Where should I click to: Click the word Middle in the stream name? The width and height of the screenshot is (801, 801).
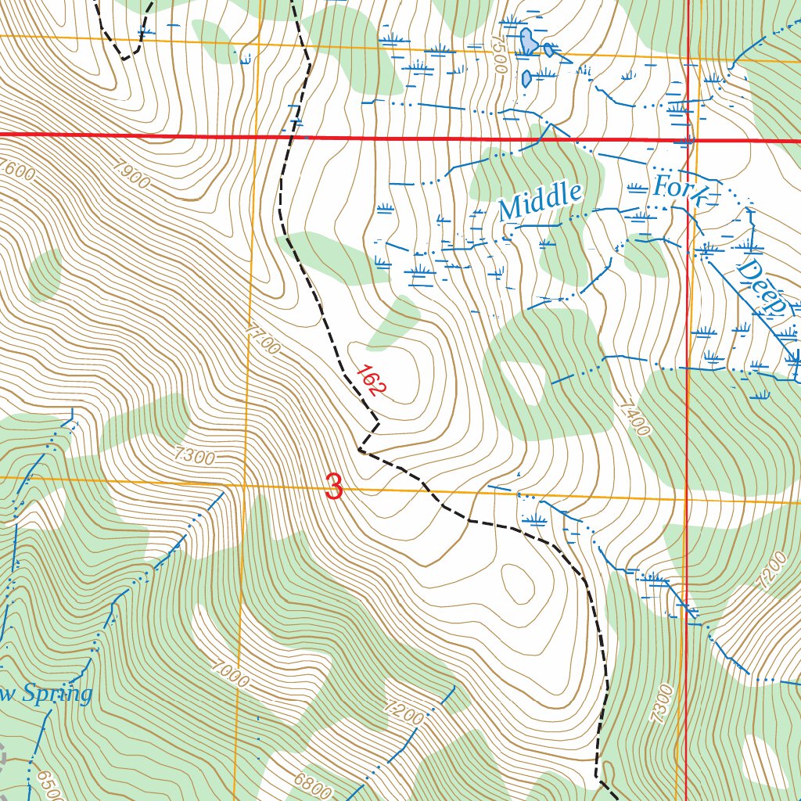point(541,202)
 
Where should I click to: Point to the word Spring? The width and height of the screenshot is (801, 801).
point(56,693)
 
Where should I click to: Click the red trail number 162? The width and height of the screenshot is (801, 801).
point(369,381)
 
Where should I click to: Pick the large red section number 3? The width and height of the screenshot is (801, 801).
point(334,488)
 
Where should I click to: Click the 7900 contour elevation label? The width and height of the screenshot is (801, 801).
point(131,174)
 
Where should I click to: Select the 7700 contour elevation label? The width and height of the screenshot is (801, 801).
point(261,341)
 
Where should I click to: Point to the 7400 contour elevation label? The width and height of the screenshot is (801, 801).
point(633,418)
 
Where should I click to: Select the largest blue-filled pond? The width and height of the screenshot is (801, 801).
point(529,41)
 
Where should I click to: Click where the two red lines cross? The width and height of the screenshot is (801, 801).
point(687,140)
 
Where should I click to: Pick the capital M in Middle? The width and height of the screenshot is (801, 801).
point(510,210)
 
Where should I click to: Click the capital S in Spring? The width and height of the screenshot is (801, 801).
point(29,693)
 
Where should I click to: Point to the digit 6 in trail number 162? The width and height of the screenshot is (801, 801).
point(370,382)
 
